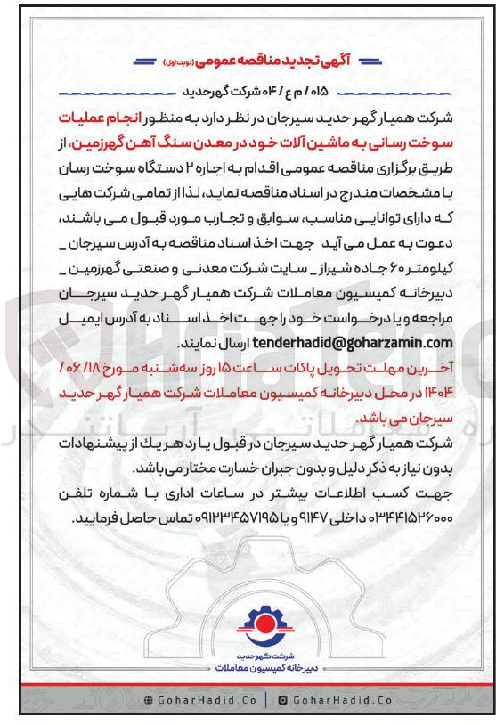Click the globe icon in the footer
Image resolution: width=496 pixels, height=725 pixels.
[148, 700]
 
